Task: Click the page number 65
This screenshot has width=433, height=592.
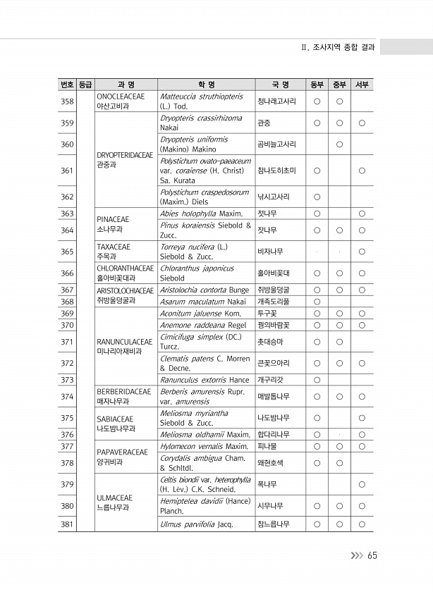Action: pos(372,555)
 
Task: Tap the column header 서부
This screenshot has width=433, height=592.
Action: pos(361,85)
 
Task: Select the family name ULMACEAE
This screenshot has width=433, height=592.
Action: pos(113,498)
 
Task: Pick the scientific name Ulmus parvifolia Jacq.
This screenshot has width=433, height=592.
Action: pos(195,524)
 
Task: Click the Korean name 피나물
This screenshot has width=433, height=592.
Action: pos(265,446)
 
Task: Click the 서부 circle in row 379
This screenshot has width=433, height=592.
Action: pos(361,484)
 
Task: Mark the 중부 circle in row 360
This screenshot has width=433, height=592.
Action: pos(339,145)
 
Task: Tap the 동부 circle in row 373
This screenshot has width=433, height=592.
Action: pos(317,380)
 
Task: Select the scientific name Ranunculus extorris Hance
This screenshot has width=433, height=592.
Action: pos(205,380)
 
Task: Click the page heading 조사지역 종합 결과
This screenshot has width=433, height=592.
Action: pos(342,48)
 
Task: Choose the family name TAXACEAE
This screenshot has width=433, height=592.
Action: pos(111,247)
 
